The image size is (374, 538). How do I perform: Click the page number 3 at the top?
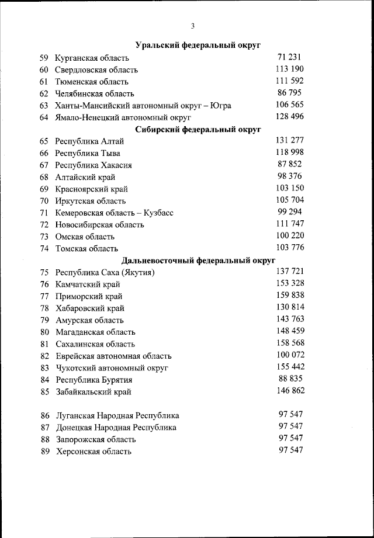[x=192, y=25]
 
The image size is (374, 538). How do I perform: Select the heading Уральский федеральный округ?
[x=198, y=45]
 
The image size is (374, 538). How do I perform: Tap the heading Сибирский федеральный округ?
[x=198, y=129]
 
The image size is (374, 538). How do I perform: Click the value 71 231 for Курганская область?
[x=289, y=57]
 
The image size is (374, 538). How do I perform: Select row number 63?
[x=44, y=106]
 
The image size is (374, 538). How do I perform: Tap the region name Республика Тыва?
[x=88, y=153]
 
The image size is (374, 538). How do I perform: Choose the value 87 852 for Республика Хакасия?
[x=289, y=165]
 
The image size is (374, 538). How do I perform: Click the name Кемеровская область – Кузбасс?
[x=114, y=213]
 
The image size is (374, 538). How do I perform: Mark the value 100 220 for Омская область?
[x=289, y=236]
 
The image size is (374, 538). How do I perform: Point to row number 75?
[x=44, y=273]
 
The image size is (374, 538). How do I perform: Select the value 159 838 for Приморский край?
[x=289, y=296]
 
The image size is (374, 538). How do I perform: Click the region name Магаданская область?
[x=95, y=332]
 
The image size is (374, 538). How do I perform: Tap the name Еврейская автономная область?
[x=113, y=356]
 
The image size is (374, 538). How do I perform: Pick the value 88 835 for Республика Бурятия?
[x=289, y=379]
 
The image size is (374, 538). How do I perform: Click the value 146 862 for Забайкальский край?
[x=289, y=391]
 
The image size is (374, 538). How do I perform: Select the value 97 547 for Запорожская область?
[x=290, y=438]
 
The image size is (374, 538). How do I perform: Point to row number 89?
[x=44, y=452]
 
